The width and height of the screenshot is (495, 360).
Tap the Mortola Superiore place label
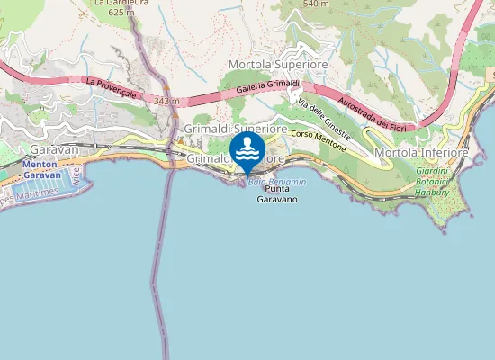277,65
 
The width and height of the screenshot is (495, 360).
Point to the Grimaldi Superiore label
236,130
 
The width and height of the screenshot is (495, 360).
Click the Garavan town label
54,148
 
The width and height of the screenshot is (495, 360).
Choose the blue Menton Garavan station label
40,170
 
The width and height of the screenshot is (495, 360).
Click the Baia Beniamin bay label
276,182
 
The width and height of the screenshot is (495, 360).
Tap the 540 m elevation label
316,4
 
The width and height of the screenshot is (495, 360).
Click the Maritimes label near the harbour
36,192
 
